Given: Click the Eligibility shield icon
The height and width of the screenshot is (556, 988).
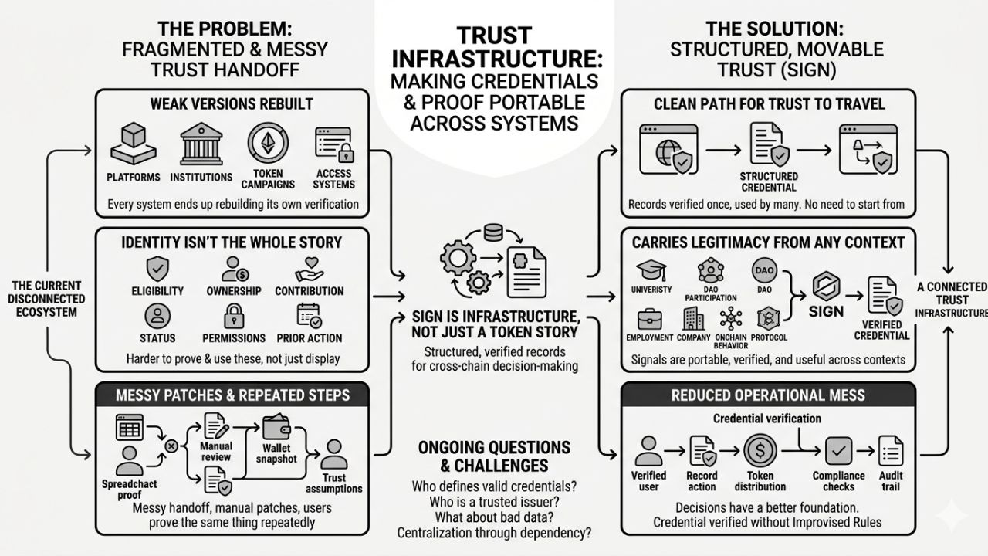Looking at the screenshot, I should click(157, 268).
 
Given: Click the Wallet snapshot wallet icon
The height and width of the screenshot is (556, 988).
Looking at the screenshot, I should click(276, 429).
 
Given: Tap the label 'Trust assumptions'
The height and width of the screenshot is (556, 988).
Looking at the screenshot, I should click(333, 483).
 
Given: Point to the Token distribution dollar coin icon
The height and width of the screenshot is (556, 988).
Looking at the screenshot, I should click(760, 450).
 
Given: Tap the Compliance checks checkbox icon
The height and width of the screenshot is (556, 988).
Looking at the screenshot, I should click(837, 450).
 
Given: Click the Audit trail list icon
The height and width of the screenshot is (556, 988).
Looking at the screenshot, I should click(890, 450).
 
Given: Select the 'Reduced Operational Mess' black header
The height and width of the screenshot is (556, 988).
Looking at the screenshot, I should click(768, 395).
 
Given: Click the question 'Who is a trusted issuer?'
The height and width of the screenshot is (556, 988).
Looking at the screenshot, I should click(494, 500).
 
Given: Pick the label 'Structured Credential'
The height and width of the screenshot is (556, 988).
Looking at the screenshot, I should click(768, 182).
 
